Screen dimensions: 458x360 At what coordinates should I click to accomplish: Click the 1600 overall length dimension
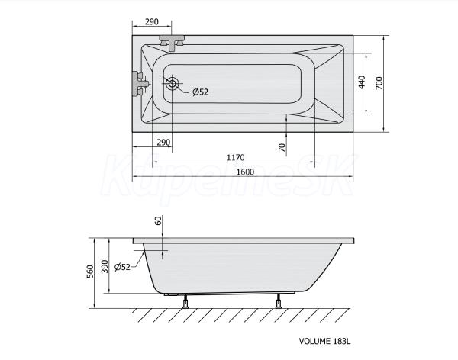[245, 172]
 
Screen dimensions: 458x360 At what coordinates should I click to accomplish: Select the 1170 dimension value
[235, 158]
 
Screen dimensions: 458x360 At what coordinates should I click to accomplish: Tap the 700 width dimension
[379, 83]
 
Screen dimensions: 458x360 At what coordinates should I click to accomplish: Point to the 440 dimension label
[362, 82]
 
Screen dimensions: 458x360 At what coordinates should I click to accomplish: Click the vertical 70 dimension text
[282, 148]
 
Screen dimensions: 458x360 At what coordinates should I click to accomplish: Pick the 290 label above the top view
[152, 22]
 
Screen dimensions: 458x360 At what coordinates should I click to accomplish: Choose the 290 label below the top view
[163, 143]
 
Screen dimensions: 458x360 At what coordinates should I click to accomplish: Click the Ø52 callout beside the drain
[200, 92]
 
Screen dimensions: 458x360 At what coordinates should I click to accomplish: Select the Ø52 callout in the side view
[122, 267]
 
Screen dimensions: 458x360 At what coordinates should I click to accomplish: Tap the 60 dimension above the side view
[158, 220]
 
